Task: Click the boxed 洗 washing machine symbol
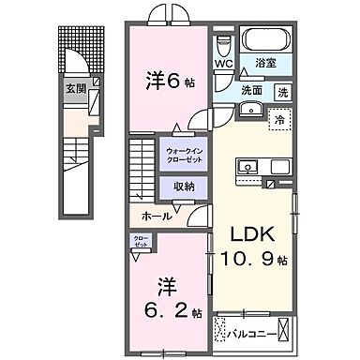point(282,92)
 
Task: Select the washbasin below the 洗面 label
point(248,111)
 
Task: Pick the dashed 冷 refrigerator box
point(278,119)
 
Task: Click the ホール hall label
point(156,217)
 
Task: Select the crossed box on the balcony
point(222,330)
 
